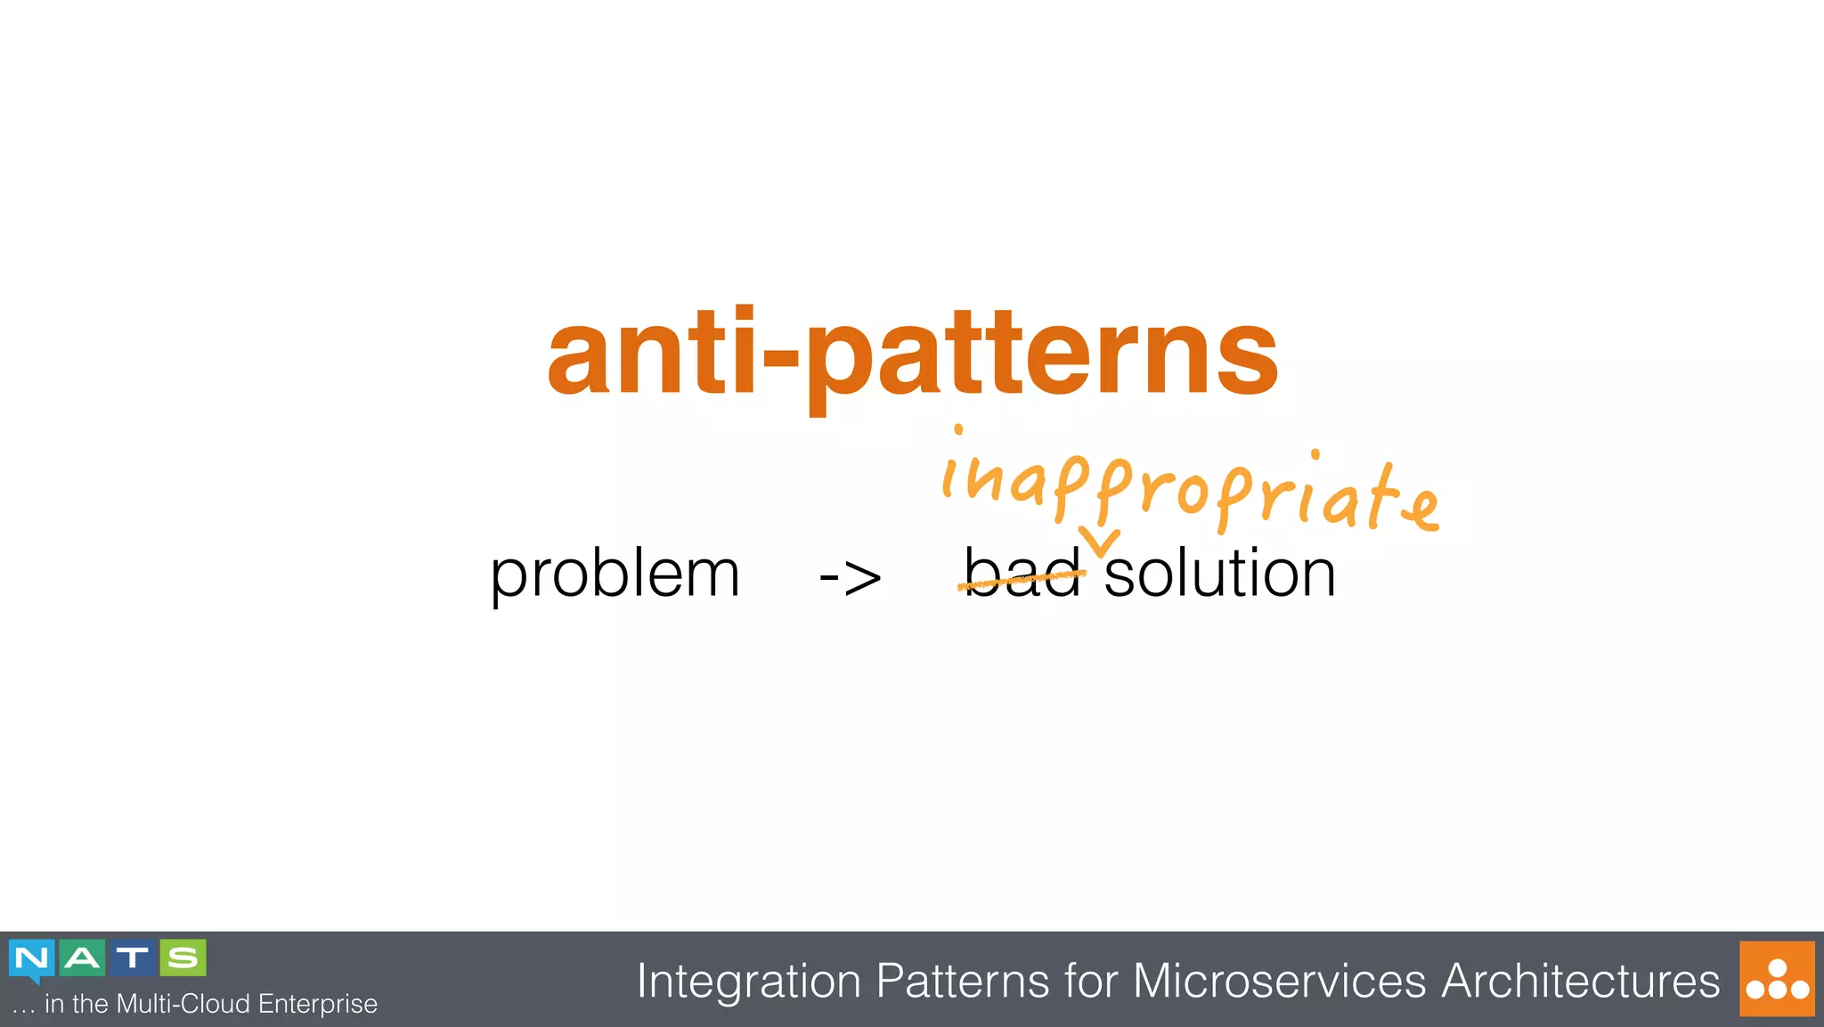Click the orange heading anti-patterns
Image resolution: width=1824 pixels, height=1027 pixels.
click(912, 356)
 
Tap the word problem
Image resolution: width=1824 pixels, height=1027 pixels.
click(615, 575)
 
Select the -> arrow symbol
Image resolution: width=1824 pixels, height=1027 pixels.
click(850, 577)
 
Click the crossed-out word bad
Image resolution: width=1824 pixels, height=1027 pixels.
click(1022, 575)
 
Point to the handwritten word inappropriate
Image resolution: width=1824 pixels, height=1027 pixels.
click(1189, 490)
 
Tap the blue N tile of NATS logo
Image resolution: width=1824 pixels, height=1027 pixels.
click(31, 958)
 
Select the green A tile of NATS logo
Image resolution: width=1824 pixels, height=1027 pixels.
click(82, 958)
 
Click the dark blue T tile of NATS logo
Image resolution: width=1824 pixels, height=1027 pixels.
click(132, 958)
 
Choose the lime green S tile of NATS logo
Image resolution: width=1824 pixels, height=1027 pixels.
click(183, 958)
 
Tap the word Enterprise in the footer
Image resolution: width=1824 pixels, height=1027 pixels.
click(317, 1004)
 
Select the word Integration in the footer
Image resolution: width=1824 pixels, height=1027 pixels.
click(748, 982)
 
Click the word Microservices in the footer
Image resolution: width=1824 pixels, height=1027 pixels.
click(1279, 982)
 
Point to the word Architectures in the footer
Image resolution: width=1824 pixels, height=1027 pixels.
click(1580, 982)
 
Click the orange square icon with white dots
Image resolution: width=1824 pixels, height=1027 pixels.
click(1776, 979)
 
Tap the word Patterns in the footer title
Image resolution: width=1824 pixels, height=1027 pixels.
click(962, 982)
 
